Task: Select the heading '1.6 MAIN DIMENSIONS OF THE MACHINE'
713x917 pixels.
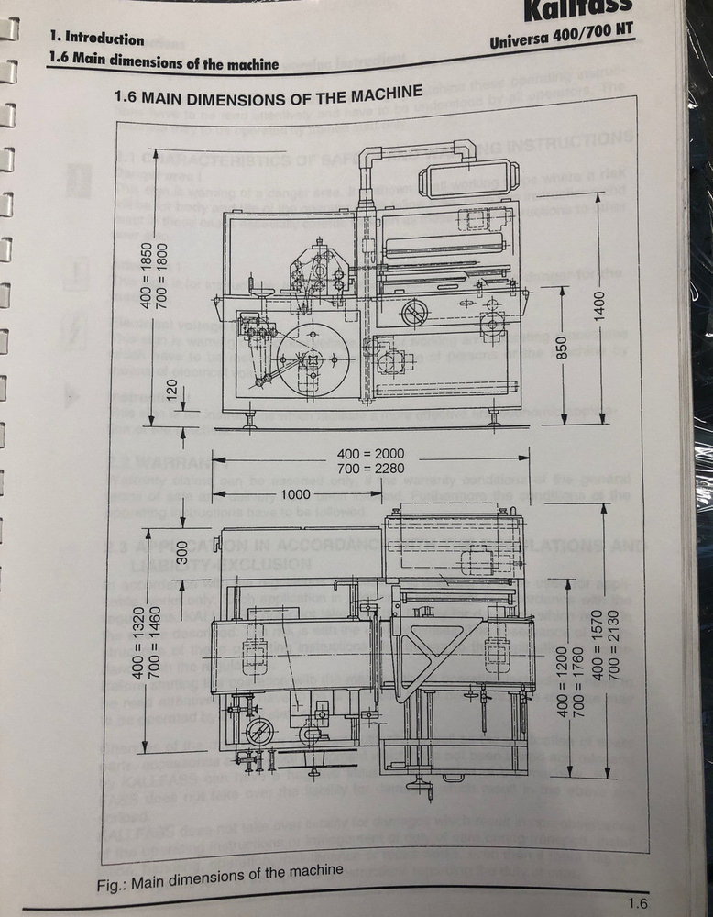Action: [268, 94]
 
